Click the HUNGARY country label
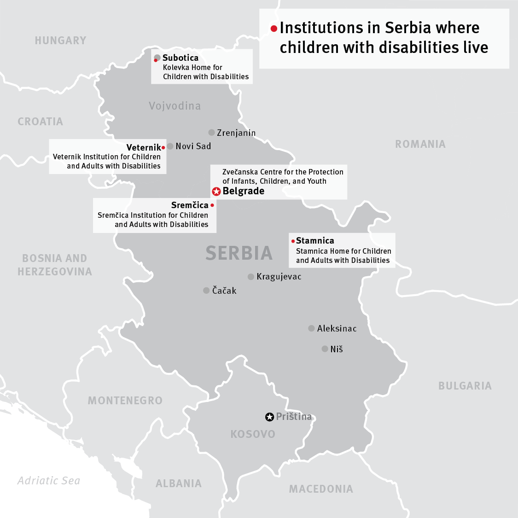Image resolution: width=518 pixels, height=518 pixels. point(60,41)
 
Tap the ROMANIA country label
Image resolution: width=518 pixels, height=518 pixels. point(420,144)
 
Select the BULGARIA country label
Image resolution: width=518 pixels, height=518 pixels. point(465,386)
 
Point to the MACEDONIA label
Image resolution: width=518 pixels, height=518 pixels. point(321,489)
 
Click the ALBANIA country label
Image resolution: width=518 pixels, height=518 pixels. point(179,483)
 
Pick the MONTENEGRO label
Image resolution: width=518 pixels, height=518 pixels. point(125,401)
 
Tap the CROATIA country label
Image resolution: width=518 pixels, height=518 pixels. point(40,122)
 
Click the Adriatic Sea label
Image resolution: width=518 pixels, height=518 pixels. point(49,481)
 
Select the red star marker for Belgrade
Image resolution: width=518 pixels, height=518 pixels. point(216,192)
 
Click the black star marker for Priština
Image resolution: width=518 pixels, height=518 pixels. point(269,417)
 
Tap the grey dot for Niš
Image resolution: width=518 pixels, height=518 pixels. point(325,349)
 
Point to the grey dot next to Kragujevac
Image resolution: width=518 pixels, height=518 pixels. point(250,277)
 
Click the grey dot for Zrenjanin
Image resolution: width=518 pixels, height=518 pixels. point(211,133)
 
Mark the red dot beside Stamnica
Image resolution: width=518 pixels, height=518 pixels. point(293,241)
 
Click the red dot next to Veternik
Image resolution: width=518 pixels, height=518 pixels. point(163,148)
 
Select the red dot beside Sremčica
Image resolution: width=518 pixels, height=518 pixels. point(212,205)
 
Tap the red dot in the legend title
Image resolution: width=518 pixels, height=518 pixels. point(274,29)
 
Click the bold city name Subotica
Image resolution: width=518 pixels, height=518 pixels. point(180,58)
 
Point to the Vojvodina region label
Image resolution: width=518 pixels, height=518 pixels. point(175,106)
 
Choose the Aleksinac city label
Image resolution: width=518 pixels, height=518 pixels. point(337,328)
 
